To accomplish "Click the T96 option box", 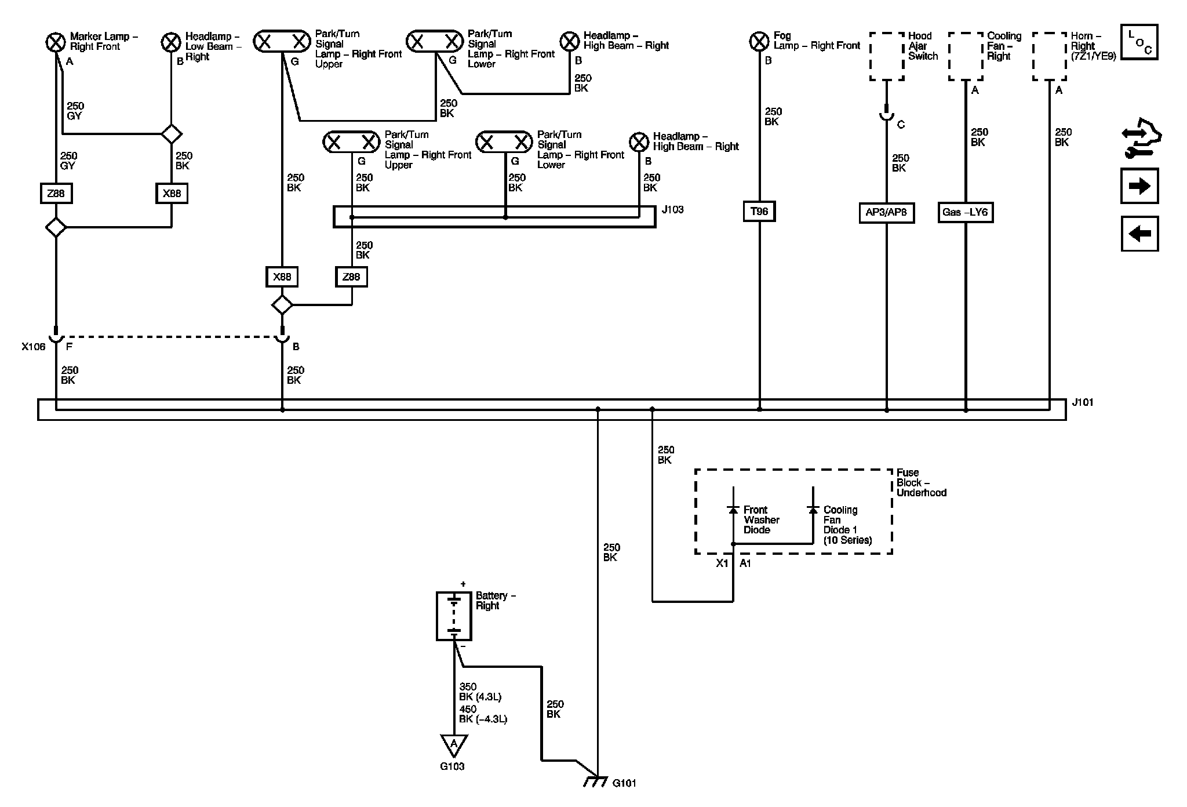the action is tap(759, 212).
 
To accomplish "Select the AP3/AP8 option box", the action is tap(886, 212).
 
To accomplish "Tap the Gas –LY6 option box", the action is tap(965, 212).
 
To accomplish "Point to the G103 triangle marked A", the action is tap(454, 745).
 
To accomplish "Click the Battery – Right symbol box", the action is tap(454, 616).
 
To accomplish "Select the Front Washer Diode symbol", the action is tap(733, 510).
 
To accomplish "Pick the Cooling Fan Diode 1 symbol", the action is tap(813, 510).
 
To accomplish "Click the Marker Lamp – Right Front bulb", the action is tap(56, 42).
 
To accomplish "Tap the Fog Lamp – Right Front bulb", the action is tap(759, 42).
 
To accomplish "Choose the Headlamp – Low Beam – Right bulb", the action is tap(171, 42).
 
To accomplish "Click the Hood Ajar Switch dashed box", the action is tap(887, 56).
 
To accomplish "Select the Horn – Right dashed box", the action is tap(1050, 56).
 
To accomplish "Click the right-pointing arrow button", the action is tap(1139, 186).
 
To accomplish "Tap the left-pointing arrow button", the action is tap(1139, 234).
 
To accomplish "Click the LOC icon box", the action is tap(1139, 42).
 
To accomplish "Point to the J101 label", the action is tap(1083, 402).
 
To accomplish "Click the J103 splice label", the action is tap(672, 209).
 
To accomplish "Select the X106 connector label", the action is tap(33, 347).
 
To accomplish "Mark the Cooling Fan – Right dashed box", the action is tap(966, 56).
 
